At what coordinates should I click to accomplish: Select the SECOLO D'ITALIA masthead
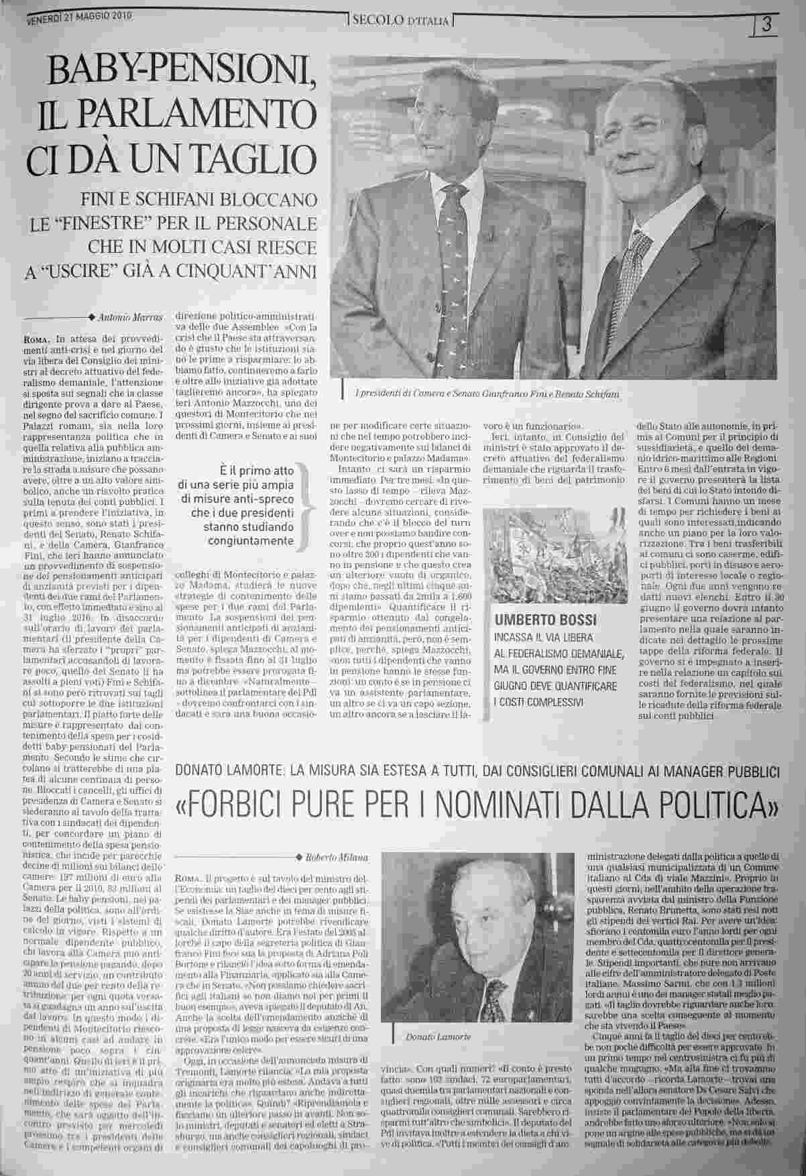coord(401,21)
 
